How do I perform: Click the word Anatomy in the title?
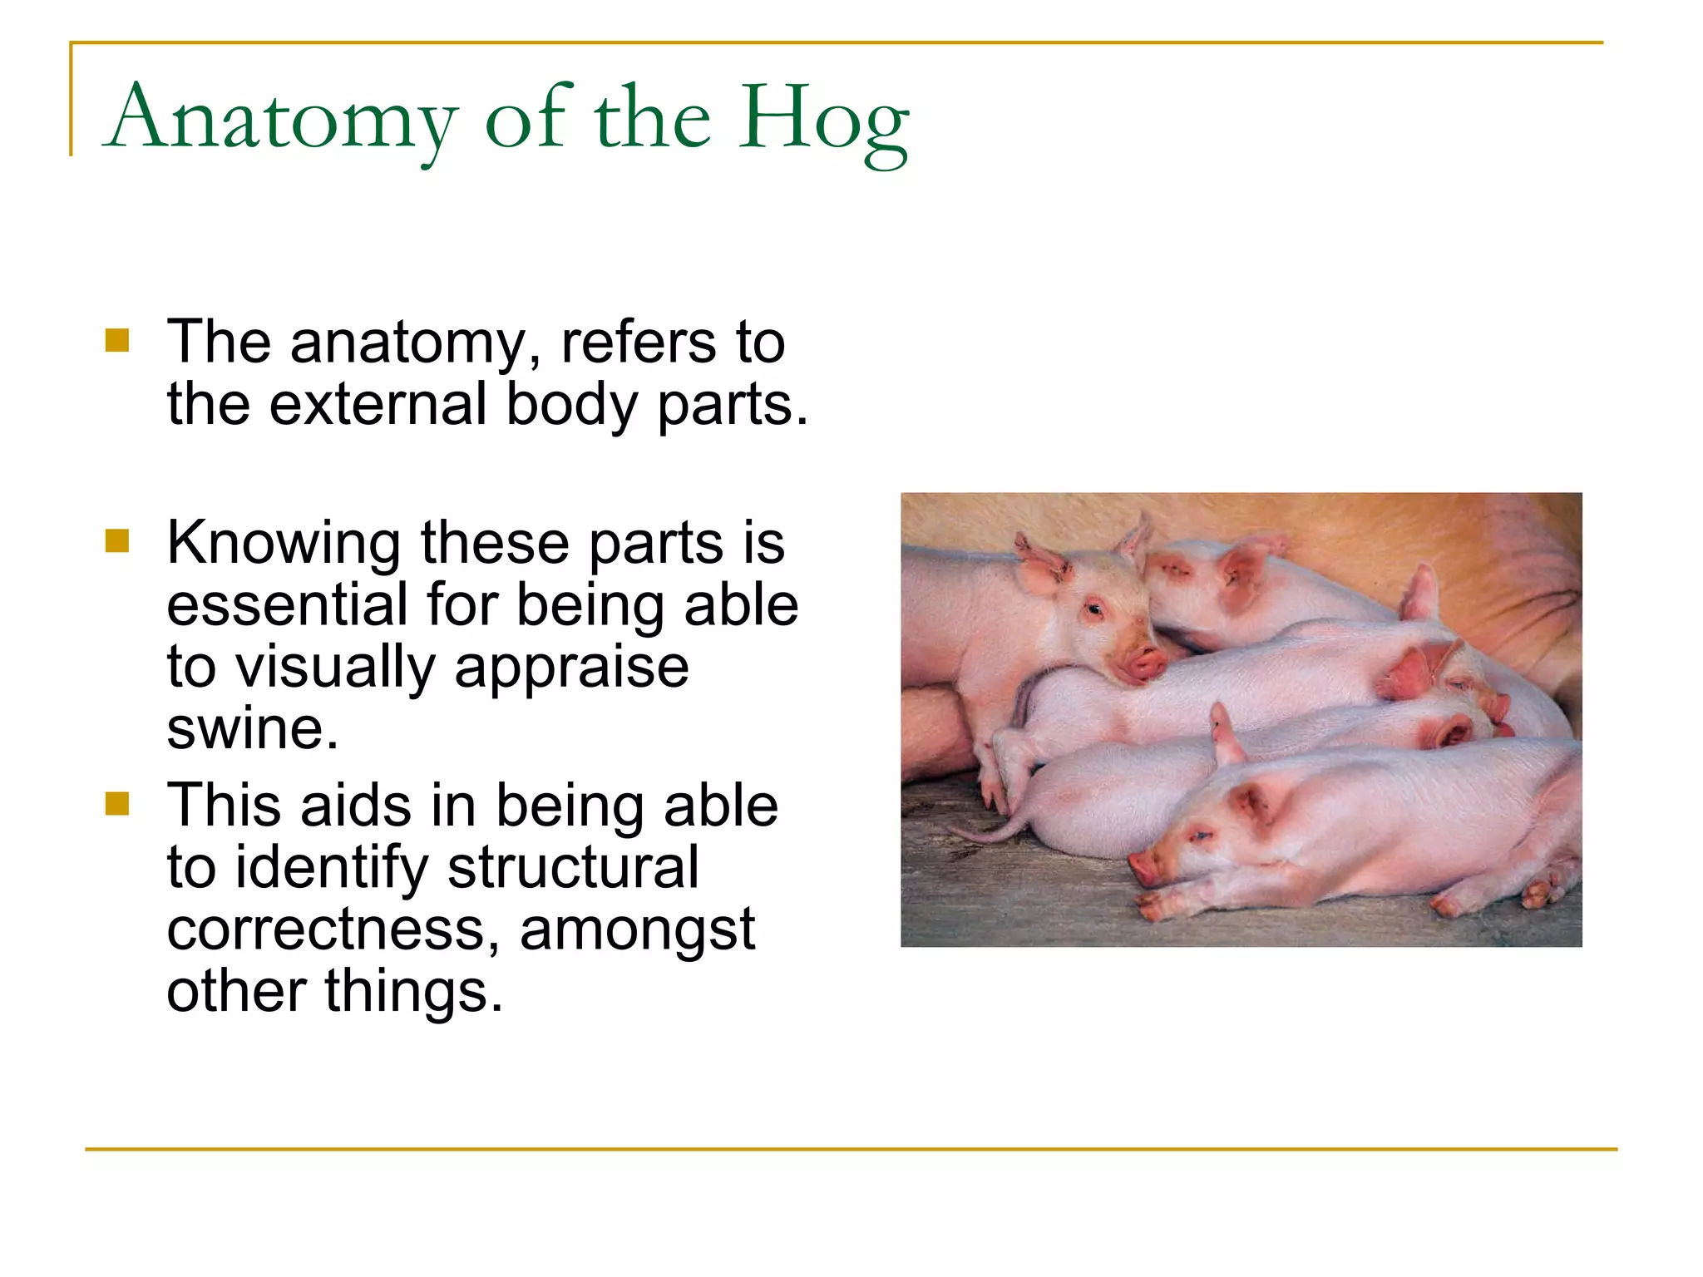(283, 119)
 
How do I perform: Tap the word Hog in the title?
(823, 119)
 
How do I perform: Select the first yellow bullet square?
(117, 341)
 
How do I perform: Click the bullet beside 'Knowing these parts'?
(117, 541)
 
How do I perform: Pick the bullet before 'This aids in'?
(117, 804)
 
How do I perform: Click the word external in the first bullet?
(378, 405)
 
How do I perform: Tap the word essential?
(287, 604)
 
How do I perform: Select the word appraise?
(571, 668)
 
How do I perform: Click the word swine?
(252, 729)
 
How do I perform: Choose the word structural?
(573, 868)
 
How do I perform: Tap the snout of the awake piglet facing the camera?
(1143, 663)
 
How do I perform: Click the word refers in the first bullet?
(639, 342)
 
